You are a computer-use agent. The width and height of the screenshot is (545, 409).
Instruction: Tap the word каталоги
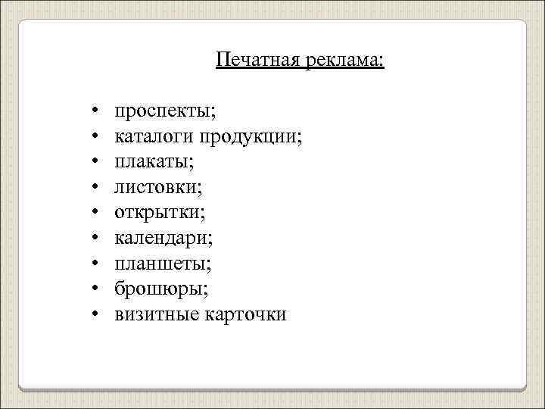pyautogui.click(x=154, y=137)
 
